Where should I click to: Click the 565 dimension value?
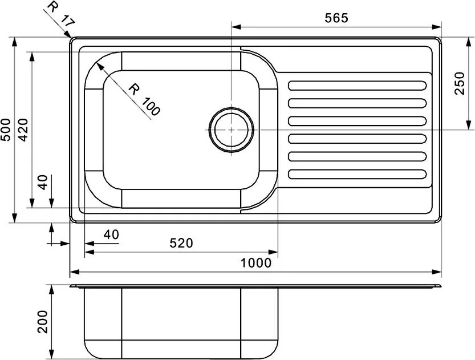pos(336,18)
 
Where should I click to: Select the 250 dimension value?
pos(459,83)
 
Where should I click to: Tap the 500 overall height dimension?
pos(6,130)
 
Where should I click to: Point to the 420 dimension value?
pos(23,130)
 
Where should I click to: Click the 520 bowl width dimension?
pos(181,243)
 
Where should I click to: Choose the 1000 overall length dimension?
pos(256,263)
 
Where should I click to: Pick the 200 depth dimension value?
pos(43,322)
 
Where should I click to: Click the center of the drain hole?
pos(232,130)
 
